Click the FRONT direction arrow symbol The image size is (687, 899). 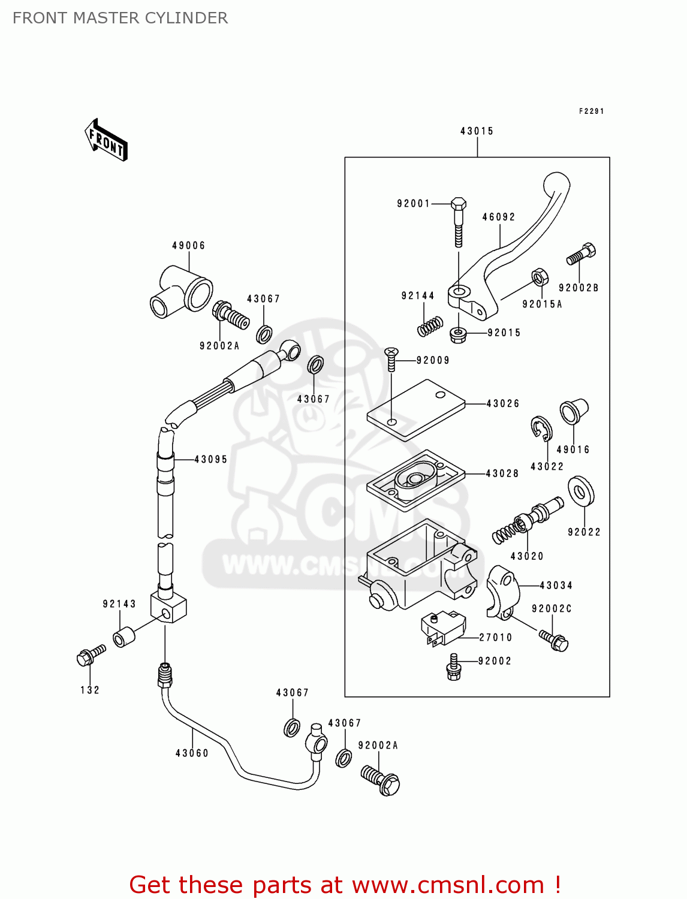tap(107, 141)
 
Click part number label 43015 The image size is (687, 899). tap(477, 131)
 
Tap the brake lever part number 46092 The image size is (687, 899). tap(499, 217)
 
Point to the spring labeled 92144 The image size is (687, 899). tap(430, 327)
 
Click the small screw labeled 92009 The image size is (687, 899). tap(391, 358)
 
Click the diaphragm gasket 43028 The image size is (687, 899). tap(415, 480)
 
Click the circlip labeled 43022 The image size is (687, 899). tap(541, 428)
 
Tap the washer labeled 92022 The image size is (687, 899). tap(580, 491)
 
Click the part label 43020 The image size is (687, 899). tap(527, 556)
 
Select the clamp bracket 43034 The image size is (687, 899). tap(501, 591)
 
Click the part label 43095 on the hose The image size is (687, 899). tap(210, 460)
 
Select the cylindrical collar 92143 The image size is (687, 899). tap(124, 636)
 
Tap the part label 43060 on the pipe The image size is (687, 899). tap(192, 753)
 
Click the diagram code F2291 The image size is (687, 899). tap(591, 111)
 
